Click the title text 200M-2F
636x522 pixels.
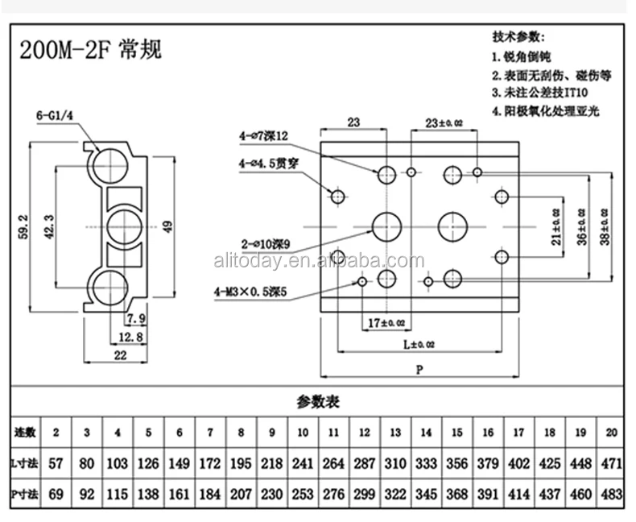point(67,51)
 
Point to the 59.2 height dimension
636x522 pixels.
point(27,227)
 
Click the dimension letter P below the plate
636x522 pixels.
point(419,370)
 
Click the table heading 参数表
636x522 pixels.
point(317,401)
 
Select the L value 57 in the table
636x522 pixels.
point(56,464)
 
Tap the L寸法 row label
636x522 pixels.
point(25,464)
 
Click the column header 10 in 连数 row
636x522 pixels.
point(303,433)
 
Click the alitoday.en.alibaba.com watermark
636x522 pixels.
point(318,260)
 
